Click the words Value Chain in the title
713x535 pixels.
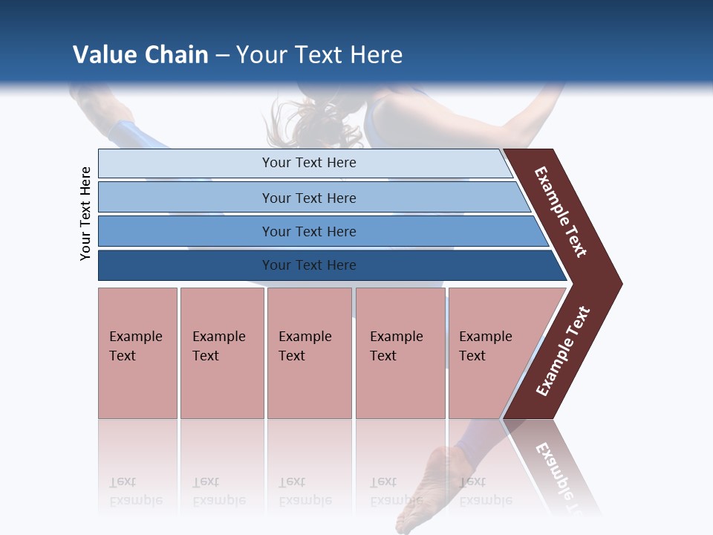[x=140, y=54]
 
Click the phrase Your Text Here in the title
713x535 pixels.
[x=319, y=54]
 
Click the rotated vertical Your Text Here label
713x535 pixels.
[x=85, y=213]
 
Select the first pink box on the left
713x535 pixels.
[x=137, y=353]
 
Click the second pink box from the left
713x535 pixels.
[x=221, y=353]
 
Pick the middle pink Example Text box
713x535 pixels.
[x=309, y=353]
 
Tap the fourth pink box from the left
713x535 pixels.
[x=400, y=353]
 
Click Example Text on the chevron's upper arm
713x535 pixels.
[x=561, y=213]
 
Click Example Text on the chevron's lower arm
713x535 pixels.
[x=562, y=351]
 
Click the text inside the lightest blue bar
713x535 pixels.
[x=309, y=163]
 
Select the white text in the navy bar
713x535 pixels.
[x=309, y=265]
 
